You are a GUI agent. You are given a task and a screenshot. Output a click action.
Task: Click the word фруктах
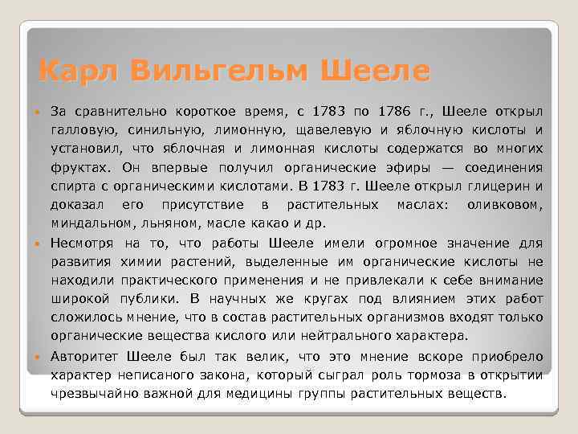[79, 168]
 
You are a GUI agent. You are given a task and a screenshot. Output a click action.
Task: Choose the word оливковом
[504, 205]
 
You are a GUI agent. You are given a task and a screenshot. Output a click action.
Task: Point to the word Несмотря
[82, 243]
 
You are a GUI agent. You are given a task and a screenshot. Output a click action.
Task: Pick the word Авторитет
[84, 357]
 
